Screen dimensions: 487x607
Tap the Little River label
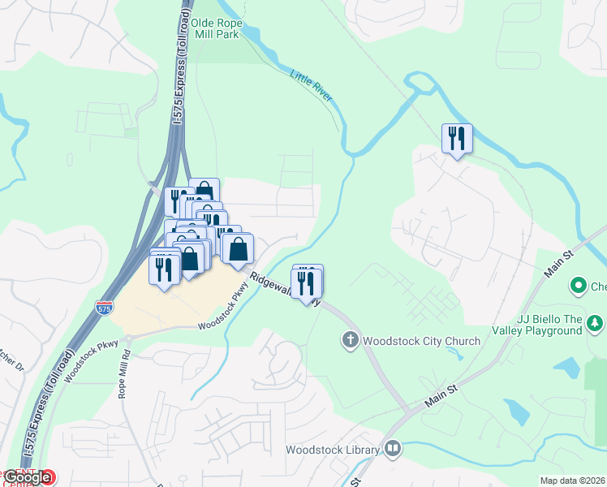[x=311, y=86]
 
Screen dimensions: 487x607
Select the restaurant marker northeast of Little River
[x=457, y=138]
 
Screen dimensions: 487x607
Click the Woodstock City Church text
[x=422, y=340]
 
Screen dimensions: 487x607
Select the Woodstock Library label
[x=333, y=450]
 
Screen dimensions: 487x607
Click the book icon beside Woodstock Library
[x=393, y=448]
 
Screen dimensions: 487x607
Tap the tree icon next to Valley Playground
[x=596, y=324]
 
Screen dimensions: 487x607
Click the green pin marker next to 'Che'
[x=579, y=286]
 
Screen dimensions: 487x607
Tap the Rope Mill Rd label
[x=124, y=356]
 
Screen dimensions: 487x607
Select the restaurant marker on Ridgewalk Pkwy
[x=307, y=283]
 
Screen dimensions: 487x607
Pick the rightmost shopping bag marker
[x=238, y=249]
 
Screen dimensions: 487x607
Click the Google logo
[x=28, y=477]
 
